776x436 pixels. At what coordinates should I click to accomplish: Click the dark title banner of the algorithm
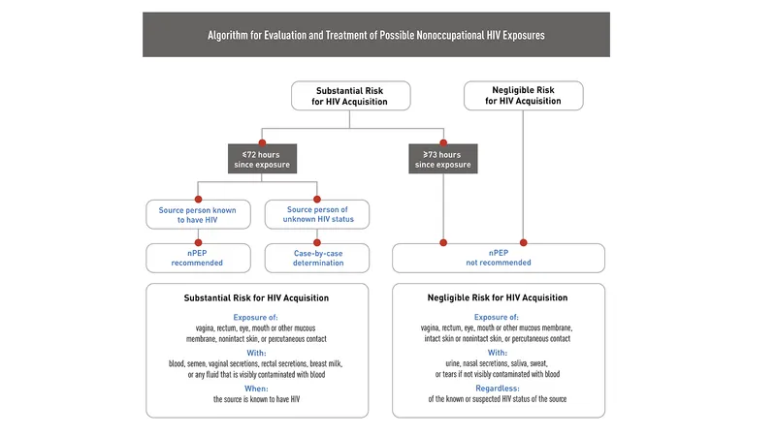click(376, 35)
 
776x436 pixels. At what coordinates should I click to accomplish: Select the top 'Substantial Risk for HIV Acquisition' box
click(351, 95)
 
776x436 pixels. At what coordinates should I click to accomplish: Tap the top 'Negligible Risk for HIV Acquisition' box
click(523, 95)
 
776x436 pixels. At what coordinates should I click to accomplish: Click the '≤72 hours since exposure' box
click(262, 159)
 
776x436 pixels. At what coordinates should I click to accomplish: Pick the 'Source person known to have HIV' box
click(198, 213)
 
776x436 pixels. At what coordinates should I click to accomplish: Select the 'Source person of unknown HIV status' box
click(316, 213)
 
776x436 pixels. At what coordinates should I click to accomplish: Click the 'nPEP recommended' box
click(198, 257)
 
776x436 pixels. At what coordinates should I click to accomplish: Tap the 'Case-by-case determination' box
click(316, 257)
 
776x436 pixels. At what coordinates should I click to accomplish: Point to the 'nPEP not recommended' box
click(499, 257)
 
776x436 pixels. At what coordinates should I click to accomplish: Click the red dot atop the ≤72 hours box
click(262, 143)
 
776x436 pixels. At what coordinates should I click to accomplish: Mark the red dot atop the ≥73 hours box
click(443, 143)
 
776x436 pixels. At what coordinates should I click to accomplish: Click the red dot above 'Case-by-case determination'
click(316, 242)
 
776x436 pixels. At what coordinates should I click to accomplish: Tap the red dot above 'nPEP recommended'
click(198, 242)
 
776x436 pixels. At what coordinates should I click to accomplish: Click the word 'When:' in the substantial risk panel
click(257, 388)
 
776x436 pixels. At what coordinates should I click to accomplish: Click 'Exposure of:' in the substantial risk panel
click(257, 317)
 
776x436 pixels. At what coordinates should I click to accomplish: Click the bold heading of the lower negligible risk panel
click(499, 297)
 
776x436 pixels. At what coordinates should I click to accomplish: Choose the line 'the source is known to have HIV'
click(257, 399)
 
